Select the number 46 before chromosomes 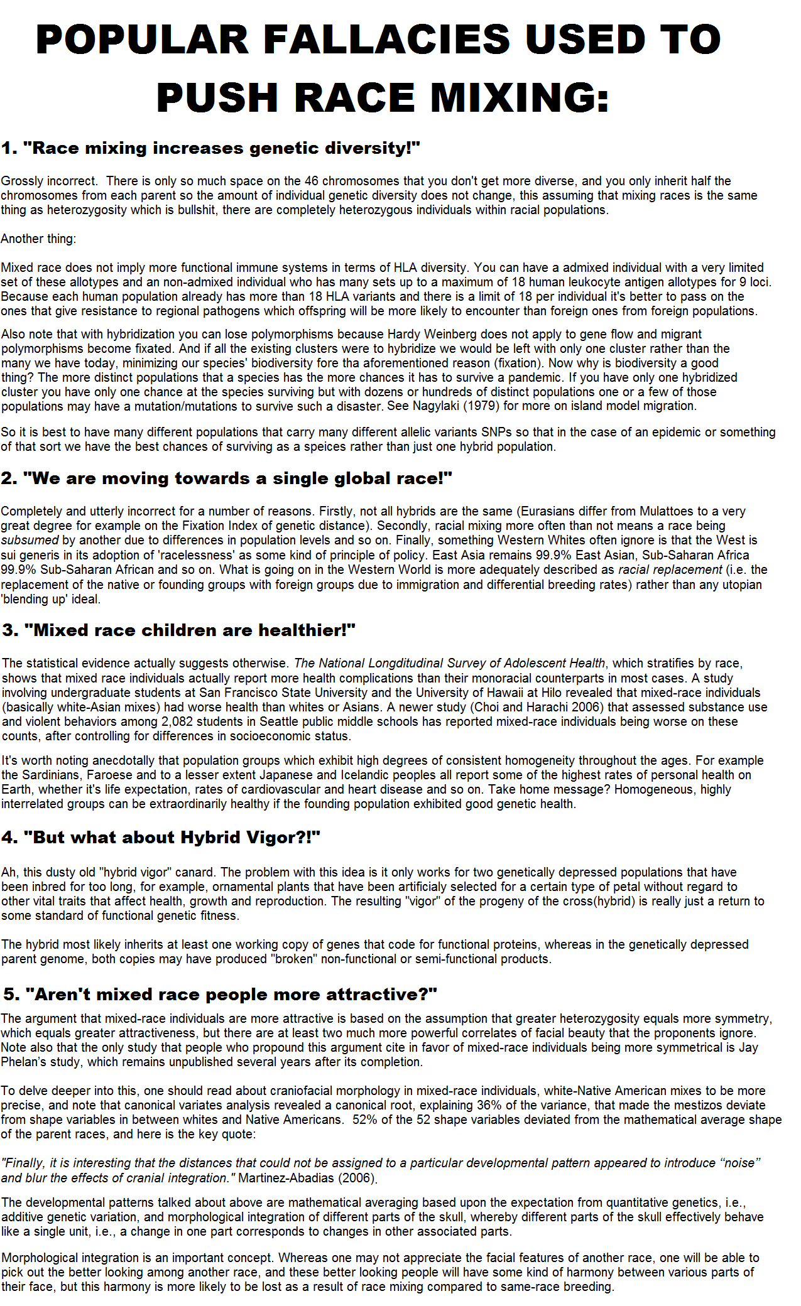click(312, 181)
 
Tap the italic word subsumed click(30, 541)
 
